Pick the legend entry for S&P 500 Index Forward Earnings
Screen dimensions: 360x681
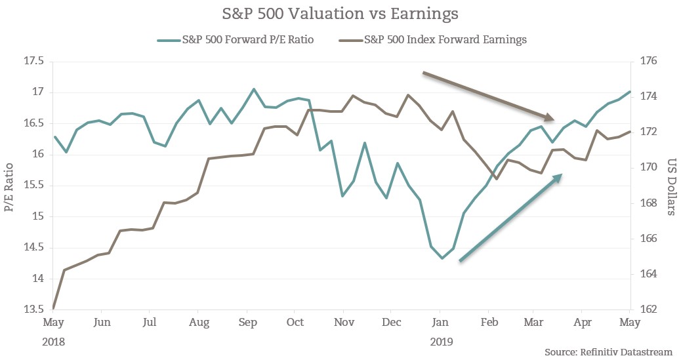coord(434,39)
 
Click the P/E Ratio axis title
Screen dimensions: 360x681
coord(9,186)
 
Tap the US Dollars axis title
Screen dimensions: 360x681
coord(671,186)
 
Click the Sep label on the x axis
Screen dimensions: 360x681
coord(247,323)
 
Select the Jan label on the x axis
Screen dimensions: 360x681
coord(440,323)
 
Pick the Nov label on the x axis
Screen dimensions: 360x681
coord(343,323)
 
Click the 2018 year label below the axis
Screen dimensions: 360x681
coord(54,341)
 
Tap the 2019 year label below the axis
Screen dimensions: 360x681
coord(440,341)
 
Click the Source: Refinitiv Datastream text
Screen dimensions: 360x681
coord(608,352)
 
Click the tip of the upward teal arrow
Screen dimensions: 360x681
coord(562,174)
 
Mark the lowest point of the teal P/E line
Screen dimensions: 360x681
coord(442,258)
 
